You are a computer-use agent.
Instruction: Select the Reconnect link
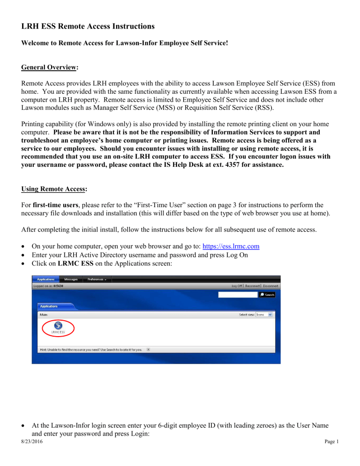(x=255, y=286)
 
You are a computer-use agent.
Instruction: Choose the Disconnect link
(x=271, y=286)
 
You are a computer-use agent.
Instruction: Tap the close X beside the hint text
(x=149, y=349)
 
